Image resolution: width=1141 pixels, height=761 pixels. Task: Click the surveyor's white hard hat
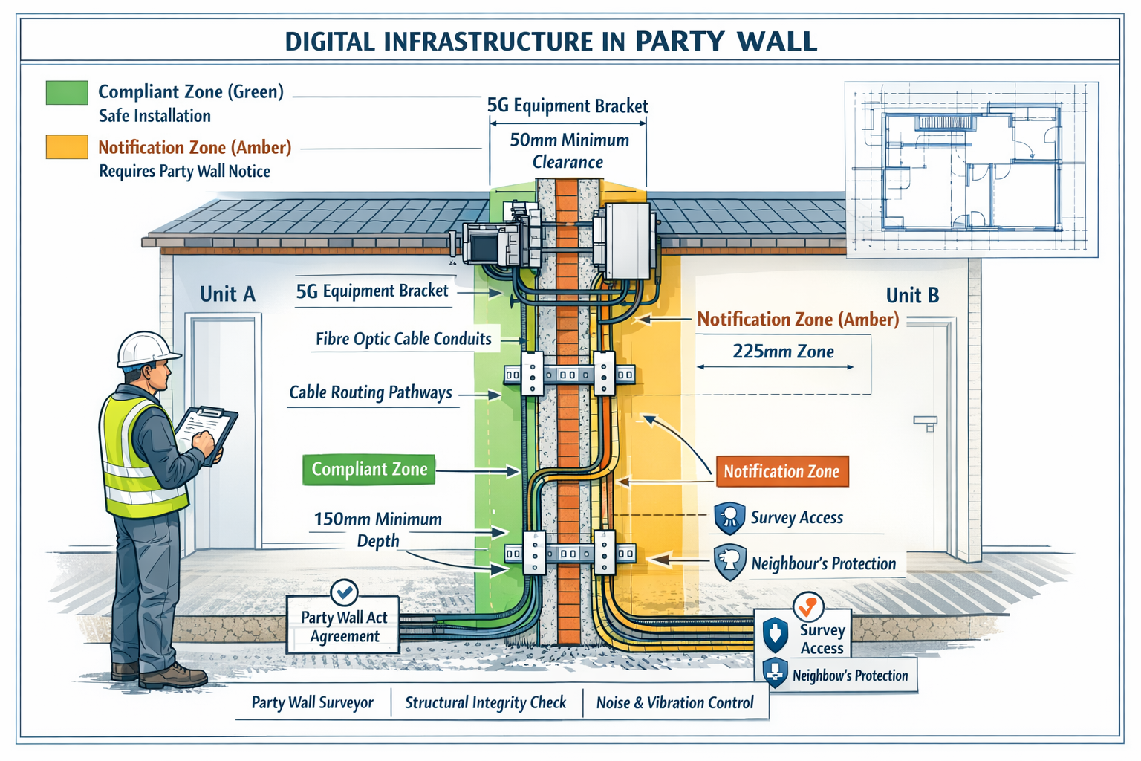tap(146, 348)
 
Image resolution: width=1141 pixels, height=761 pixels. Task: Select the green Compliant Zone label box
tap(368, 470)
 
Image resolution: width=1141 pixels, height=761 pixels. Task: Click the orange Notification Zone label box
tap(781, 472)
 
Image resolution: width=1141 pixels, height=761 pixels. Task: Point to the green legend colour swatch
tap(67, 92)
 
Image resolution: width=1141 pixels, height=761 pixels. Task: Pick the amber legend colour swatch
tap(67, 146)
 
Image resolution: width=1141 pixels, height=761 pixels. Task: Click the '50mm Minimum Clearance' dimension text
tap(568, 151)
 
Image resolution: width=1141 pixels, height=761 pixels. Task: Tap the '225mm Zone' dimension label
tap(783, 352)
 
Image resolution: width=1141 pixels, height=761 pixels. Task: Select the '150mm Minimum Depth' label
tap(377, 530)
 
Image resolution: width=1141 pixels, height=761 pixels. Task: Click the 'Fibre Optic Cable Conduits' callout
tap(403, 339)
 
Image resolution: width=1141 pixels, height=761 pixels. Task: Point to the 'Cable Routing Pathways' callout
tap(370, 392)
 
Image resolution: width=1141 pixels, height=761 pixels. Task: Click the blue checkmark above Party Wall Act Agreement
tap(344, 592)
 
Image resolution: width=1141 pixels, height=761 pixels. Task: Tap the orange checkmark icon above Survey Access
tap(807, 606)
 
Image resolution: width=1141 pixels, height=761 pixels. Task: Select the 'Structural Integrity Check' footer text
tap(485, 702)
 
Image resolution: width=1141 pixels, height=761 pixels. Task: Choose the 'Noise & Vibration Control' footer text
tap(674, 702)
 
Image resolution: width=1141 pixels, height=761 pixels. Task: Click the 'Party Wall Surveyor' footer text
tap(312, 702)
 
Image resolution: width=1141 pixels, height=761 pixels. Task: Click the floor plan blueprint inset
tap(971, 169)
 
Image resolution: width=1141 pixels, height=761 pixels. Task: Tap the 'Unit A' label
tap(227, 294)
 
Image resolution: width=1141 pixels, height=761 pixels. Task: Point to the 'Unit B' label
tap(912, 296)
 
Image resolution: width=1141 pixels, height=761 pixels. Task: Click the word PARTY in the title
tap(679, 41)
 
